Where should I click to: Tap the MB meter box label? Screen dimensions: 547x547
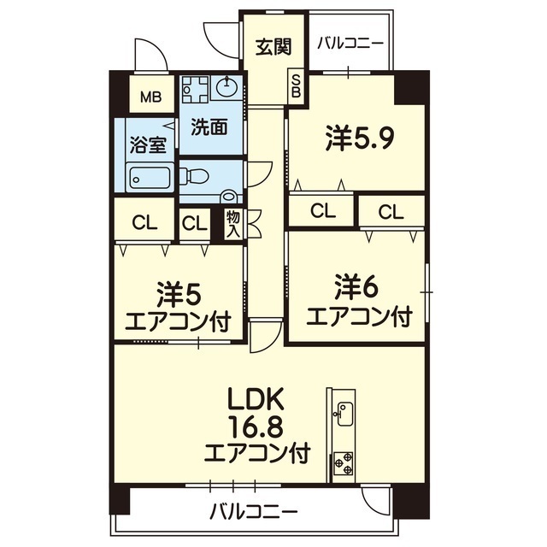[150, 97]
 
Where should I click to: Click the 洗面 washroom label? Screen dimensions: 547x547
[209, 126]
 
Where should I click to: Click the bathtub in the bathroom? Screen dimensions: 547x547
[150, 178]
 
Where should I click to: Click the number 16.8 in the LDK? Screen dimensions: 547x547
[248, 425]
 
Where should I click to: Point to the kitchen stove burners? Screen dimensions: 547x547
[344, 462]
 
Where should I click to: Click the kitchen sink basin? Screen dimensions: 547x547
[344, 415]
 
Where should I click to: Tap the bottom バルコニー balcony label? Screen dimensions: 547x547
[254, 512]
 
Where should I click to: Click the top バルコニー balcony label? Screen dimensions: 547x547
[350, 44]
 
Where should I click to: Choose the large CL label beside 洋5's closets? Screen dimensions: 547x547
[144, 223]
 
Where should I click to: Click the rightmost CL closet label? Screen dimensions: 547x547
[391, 210]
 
